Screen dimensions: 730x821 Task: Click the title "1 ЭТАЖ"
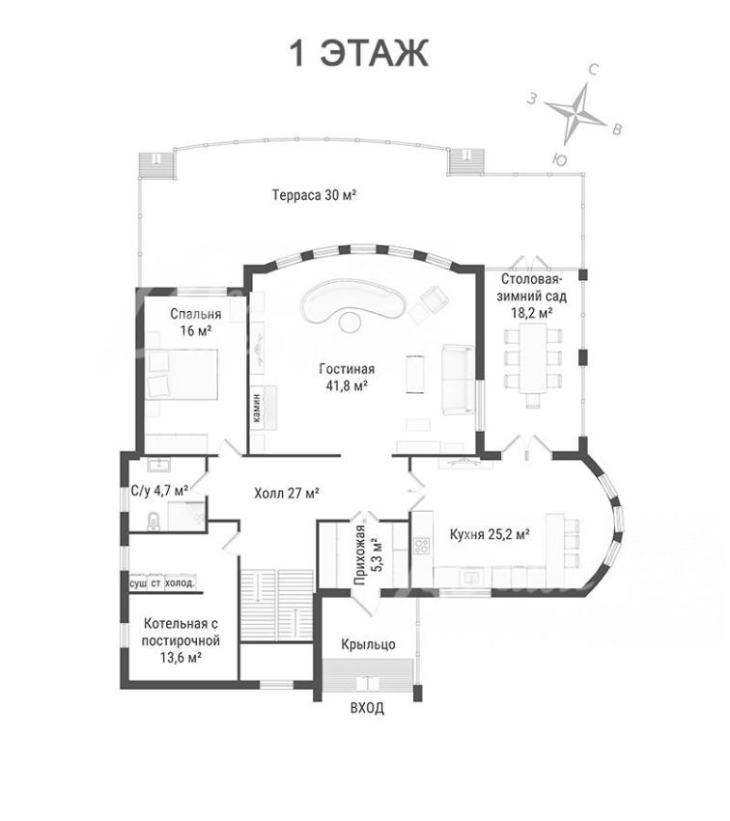click(x=359, y=53)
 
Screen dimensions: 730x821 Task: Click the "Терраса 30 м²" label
click(x=314, y=195)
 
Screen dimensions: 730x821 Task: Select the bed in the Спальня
click(x=182, y=375)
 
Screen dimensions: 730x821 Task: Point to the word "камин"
click(x=256, y=409)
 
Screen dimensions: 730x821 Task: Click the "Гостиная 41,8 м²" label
click(x=347, y=378)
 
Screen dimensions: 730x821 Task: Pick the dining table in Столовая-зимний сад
click(x=533, y=358)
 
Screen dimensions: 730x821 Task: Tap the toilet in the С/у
click(x=154, y=521)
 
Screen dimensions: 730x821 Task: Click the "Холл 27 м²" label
click(x=287, y=494)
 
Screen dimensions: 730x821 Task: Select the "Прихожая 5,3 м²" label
click(x=367, y=554)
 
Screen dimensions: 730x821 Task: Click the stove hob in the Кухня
click(x=421, y=546)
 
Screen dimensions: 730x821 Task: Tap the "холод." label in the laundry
click(x=180, y=583)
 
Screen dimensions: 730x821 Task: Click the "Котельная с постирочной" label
click(x=182, y=633)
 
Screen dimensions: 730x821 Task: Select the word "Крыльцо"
click(x=368, y=644)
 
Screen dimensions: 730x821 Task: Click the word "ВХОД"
click(x=367, y=708)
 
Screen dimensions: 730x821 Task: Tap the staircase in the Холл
click(x=276, y=605)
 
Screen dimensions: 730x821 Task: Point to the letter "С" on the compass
click(x=594, y=70)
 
